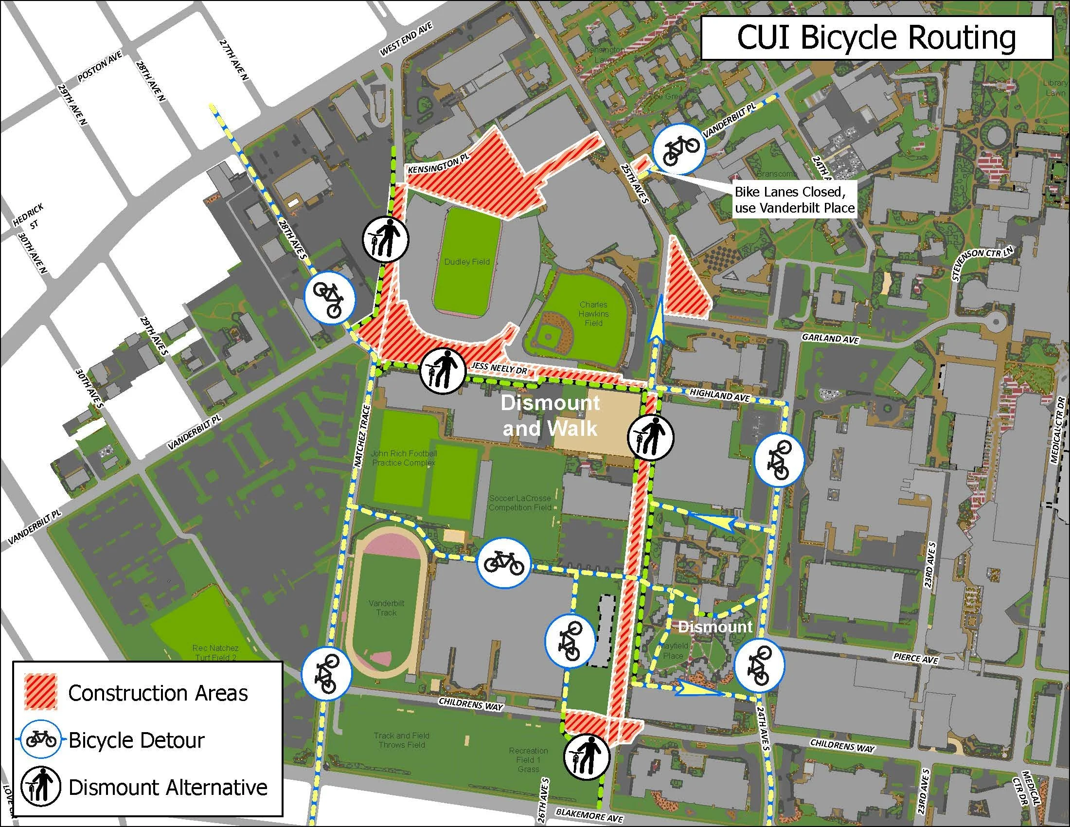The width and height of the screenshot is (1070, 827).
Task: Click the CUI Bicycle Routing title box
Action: point(877,38)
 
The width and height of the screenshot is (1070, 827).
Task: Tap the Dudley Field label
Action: point(466,262)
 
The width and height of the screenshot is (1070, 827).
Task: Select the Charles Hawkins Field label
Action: point(593,314)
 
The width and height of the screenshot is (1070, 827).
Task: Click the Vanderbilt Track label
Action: point(387,608)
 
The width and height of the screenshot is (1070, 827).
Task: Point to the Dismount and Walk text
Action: point(550,416)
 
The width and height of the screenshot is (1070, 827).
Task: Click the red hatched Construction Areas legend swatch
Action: point(41,692)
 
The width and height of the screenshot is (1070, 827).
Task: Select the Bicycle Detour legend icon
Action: point(40,739)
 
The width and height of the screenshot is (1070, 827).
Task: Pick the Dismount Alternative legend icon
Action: point(40,787)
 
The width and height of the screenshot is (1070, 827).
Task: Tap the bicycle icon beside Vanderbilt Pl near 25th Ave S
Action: point(680,148)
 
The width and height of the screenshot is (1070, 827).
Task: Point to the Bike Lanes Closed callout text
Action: point(794,199)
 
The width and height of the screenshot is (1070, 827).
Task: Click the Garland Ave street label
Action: point(830,338)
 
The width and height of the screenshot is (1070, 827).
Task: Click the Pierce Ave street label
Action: point(915,658)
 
